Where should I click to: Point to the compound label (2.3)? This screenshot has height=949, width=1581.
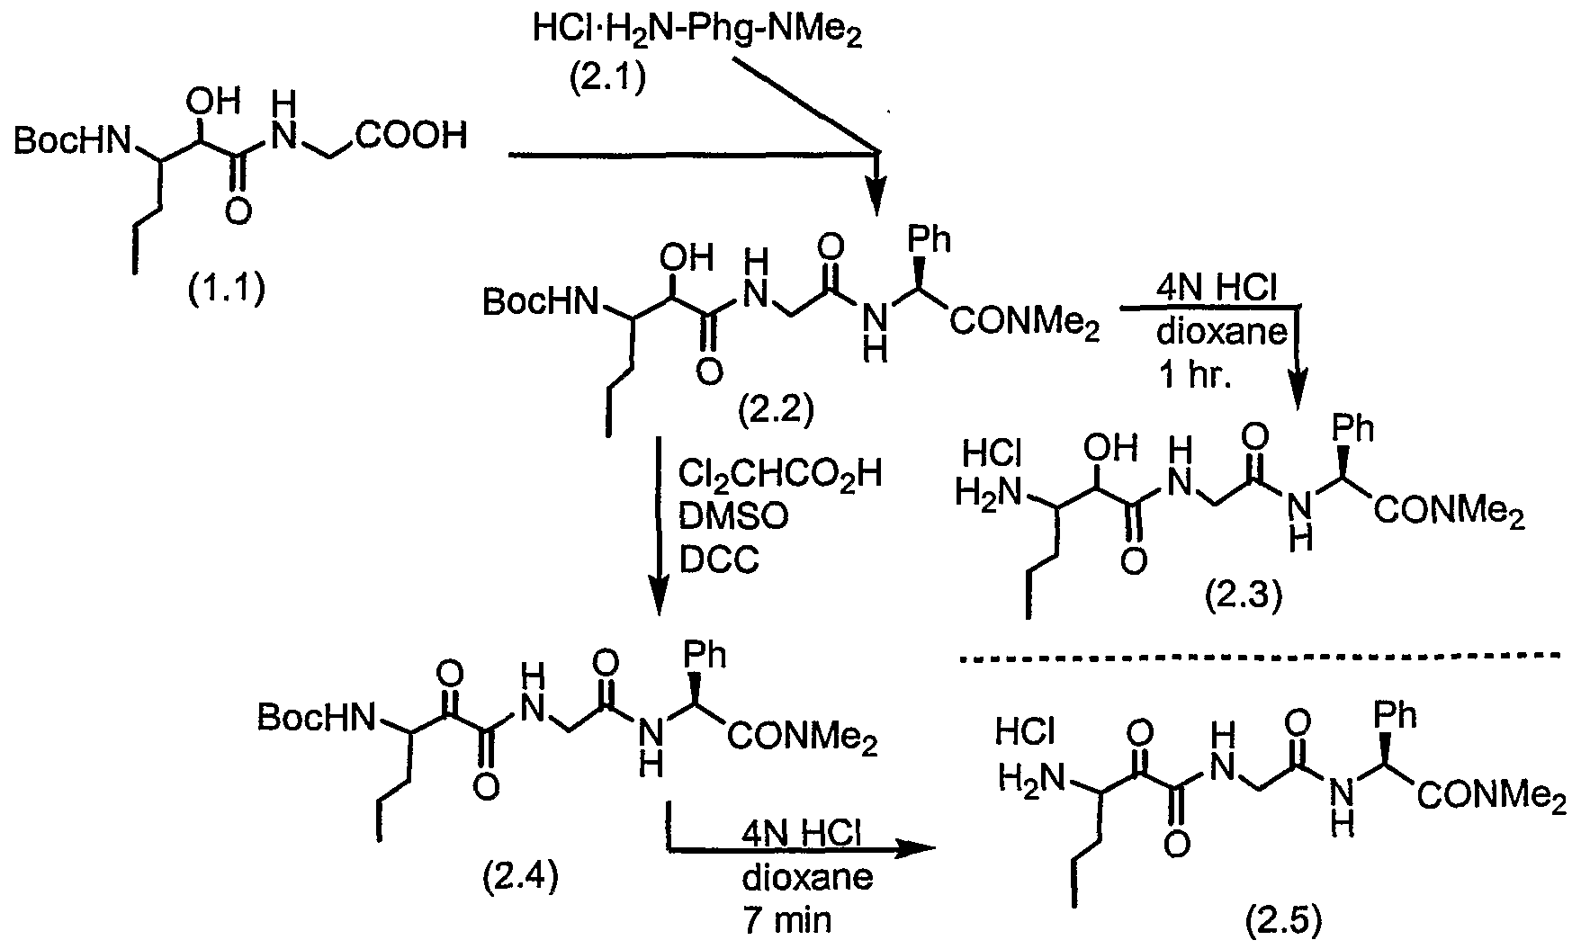click(1243, 595)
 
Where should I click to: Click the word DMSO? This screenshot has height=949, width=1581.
click(734, 517)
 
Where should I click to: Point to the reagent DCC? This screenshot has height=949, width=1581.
click(720, 560)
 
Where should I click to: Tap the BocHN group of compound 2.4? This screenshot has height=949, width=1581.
click(315, 717)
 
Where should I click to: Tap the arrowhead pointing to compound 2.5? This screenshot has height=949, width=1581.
click(916, 848)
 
